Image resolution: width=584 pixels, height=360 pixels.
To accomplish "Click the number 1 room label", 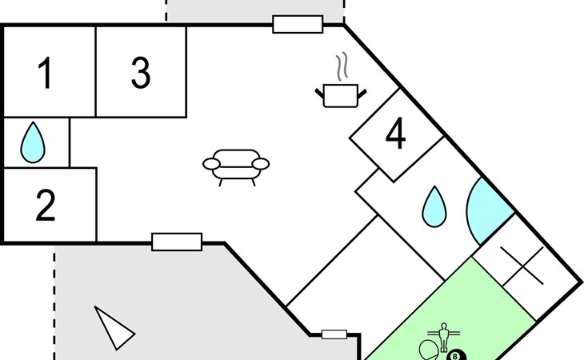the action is [x=46, y=73].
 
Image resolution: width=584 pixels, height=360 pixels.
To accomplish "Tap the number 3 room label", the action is [x=141, y=73].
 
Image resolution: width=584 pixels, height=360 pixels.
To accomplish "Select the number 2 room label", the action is [x=46, y=205].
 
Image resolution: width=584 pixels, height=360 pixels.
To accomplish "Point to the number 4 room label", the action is [x=395, y=133].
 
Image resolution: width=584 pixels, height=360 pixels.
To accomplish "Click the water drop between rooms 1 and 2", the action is [x=33, y=142].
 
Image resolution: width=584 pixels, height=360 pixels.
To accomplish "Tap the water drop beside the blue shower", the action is [x=434, y=207].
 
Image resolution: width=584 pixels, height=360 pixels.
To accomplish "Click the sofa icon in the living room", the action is [x=236, y=167].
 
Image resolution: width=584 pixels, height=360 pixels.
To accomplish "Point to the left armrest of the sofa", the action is [x=211, y=164].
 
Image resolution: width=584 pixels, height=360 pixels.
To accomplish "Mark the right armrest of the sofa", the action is [x=261, y=164].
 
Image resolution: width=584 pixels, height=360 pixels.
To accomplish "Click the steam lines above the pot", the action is [x=342, y=66].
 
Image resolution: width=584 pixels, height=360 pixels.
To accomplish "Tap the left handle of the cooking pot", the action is [x=319, y=93].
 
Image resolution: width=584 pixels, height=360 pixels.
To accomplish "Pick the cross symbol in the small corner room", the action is [x=522, y=266].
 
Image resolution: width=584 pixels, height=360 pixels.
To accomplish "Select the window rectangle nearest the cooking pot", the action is [x=298, y=25].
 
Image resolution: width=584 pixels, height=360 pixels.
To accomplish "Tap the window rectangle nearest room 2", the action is [x=177, y=242].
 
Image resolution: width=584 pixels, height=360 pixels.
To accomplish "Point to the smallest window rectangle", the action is [x=334, y=334].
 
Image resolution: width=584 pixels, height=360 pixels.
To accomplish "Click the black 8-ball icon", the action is [x=455, y=355].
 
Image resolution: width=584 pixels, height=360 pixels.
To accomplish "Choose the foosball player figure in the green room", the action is [x=443, y=338].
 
